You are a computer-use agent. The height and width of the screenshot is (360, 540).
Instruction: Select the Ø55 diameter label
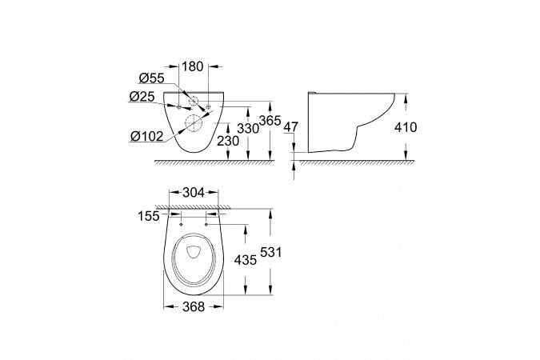[151, 79]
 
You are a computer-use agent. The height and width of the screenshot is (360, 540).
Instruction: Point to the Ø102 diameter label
[146, 135]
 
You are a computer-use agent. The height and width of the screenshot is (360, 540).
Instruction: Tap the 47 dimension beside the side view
[291, 126]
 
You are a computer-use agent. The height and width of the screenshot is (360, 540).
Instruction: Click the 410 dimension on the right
[422, 126]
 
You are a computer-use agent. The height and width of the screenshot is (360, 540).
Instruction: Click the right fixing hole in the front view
[207, 106]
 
